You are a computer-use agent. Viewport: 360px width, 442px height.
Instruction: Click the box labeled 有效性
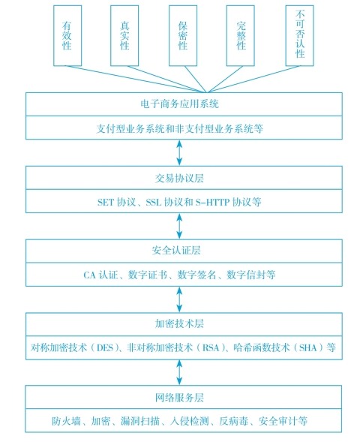tap(67, 35)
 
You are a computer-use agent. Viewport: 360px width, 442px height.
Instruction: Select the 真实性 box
tap(124, 35)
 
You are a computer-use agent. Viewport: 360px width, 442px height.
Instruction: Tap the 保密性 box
tap(183, 35)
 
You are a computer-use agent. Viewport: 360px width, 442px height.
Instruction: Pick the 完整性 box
tap(241, 35)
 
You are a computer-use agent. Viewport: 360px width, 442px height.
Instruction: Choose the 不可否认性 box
tap(300, 35)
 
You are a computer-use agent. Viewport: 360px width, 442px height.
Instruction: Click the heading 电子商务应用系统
tap(180, 104)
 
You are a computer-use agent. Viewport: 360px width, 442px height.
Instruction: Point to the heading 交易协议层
tap(179, 178)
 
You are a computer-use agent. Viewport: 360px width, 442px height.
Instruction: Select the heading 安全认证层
tap(176, 251)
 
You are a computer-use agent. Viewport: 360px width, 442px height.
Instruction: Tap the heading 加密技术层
tap(179, 323)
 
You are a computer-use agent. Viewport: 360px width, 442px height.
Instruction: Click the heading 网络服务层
tap(179, 398)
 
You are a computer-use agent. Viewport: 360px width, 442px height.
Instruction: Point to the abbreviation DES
tap(105, 348)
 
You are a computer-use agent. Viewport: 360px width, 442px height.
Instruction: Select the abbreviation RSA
tap(211, 348)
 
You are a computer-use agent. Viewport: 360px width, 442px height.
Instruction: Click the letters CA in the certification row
tap(89, 275)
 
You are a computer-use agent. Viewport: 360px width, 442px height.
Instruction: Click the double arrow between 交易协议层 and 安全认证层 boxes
tap(179, 226)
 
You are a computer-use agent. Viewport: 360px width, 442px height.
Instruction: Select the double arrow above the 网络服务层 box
tap(179, 372)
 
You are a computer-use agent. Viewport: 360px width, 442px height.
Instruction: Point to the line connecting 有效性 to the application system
tap(136, 79)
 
